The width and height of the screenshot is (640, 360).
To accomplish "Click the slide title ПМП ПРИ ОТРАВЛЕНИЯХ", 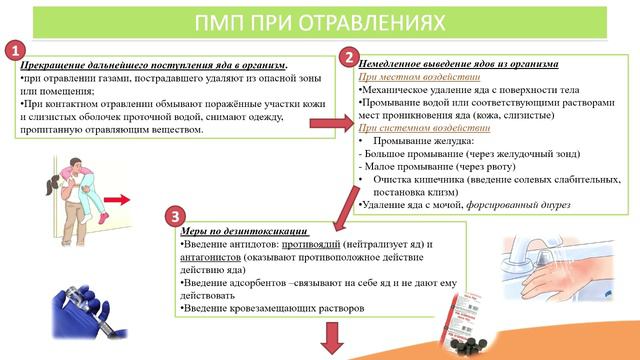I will [x=320, y=20].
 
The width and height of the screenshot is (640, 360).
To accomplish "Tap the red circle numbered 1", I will [x=13, y=52].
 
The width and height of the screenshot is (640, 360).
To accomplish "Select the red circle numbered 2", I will [x=349, y=57].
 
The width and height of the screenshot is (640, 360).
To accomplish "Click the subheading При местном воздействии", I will [x=404, y=77].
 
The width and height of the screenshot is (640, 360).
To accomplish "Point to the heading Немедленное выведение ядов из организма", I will [x=458, y=64].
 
